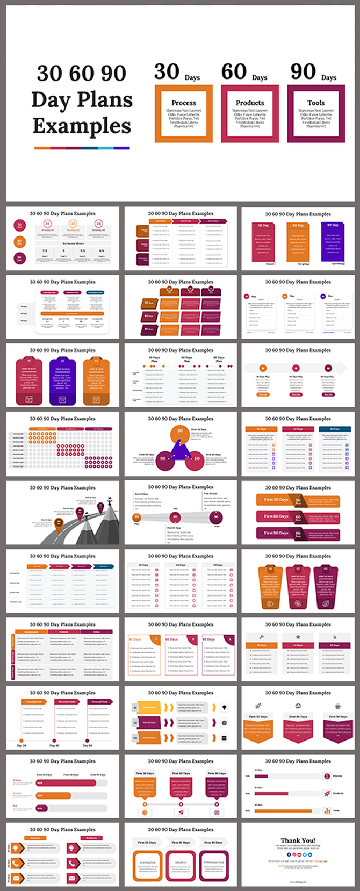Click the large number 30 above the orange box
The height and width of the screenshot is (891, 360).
click(167, 71)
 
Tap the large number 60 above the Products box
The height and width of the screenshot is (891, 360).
click(234, 71)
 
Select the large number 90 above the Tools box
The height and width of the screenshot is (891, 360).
click(303, 71)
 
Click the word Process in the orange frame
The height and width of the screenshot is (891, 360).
click(184, 103)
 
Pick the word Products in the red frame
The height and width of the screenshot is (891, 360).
click(250, 103)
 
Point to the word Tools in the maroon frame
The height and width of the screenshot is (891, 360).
click(316, 103)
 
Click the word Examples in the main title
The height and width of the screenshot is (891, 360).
click(82, 126)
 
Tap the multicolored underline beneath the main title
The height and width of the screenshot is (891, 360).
click(82, 148)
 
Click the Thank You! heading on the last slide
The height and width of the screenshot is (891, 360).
click(298, 840)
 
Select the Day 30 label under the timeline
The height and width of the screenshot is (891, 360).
click(21, 745)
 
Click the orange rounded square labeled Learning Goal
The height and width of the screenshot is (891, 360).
click(148, 863)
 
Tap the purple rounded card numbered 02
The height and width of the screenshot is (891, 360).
click(62, 382)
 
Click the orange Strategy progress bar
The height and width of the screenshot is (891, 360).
click(54, 795)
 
